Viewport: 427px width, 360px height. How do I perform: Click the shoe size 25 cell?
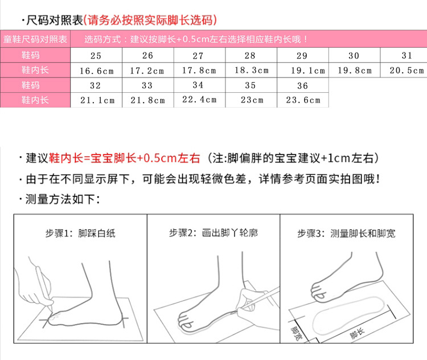[96, 56]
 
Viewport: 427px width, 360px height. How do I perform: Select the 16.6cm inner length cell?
[96, 71]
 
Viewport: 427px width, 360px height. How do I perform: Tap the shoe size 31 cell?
[407, 56]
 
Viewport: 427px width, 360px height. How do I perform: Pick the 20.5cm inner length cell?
[407, 71]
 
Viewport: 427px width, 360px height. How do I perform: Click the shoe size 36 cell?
[302, 85]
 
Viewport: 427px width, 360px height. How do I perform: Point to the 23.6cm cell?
[302, 100]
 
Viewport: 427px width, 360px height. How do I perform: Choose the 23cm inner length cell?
[251, 100]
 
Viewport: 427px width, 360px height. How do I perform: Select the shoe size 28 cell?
[251, 56]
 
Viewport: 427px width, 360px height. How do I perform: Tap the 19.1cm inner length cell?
[302, 71]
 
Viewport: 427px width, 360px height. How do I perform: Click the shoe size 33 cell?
[147, 85]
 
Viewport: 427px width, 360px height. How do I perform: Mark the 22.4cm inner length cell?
[199, 100]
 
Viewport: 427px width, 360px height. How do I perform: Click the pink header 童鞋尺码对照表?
[35, 39]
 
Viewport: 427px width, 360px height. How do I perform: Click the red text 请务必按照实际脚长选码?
[150, 21]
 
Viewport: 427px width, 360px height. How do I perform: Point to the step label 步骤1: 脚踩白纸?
[80, 234]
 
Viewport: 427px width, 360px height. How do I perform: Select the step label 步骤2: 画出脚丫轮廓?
[213, 234]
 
